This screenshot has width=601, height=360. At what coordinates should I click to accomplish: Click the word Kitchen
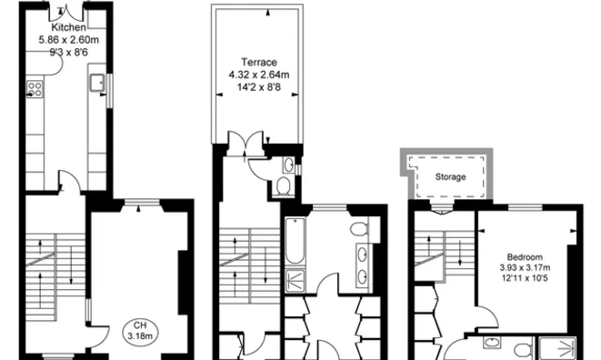pyautogui.click(x=69, y=28)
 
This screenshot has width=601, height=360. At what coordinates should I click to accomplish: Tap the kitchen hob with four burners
pyautogui.click(x=37, y=89)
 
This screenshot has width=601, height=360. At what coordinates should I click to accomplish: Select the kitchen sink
pyautogui.click(x=97, y=85)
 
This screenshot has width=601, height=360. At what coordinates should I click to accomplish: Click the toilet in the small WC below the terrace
pyautogui.click(x=284, y=186)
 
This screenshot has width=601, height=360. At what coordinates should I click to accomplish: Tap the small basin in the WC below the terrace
pyautogui.click(x=288, y=165)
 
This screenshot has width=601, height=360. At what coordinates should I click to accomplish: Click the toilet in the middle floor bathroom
pyautogui.click(x=358, y=227)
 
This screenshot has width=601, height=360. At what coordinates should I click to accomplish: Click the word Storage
pyautogui.click(x=449, y=176)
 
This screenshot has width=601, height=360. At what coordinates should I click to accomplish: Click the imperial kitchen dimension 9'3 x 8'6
pyautogui.click(x=69, y=52)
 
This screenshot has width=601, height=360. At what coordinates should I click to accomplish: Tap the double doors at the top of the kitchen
pyautogui.click(x=69, y=11)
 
